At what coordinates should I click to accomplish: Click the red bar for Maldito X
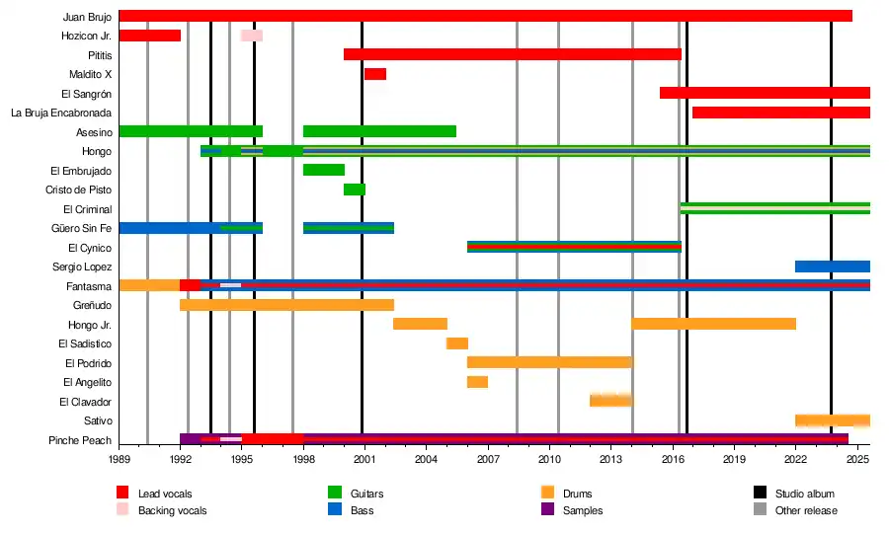(375, 74)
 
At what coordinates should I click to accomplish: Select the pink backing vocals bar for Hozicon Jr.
(252, 36)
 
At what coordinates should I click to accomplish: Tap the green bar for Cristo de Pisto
(355, 190)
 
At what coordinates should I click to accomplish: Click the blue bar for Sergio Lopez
(832, 266)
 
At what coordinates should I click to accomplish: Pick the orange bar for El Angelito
(477, 382)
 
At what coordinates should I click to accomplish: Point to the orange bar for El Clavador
(610, 401)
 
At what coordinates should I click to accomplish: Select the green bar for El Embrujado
(324, 170)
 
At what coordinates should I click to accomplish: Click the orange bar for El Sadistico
(457, 343)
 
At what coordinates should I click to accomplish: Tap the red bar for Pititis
(513, 54)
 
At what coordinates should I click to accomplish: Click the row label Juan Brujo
(87, 17)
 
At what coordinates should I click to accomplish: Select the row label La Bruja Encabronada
(61, 113)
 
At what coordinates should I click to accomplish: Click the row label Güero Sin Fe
(81, 228)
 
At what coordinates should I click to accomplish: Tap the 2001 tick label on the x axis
(364, 460)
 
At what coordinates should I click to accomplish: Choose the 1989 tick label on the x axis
(120, 460)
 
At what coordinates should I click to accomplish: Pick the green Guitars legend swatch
(334, 494)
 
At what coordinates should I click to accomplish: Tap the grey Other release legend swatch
(761, 510)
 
